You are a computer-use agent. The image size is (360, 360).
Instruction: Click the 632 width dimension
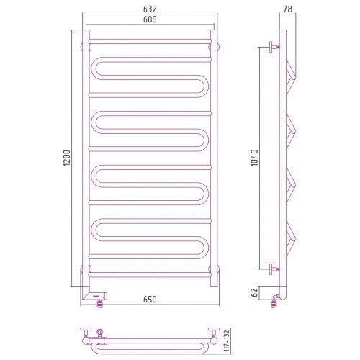tap(150, 9)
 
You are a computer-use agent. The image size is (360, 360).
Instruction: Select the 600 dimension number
tap(150, 19)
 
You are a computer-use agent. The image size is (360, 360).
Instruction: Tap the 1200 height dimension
tap(67, 158)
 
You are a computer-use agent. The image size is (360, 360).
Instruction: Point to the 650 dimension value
tap(150, 300)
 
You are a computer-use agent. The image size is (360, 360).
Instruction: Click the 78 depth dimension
tap(287, 9)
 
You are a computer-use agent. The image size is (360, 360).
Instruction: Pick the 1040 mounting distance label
tap(254, 158)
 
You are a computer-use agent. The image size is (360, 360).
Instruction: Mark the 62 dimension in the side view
tap(254, 292)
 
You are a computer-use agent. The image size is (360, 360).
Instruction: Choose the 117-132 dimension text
tap(226, 341)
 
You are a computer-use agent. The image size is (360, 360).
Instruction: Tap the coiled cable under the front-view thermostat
tap(99, 304)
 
